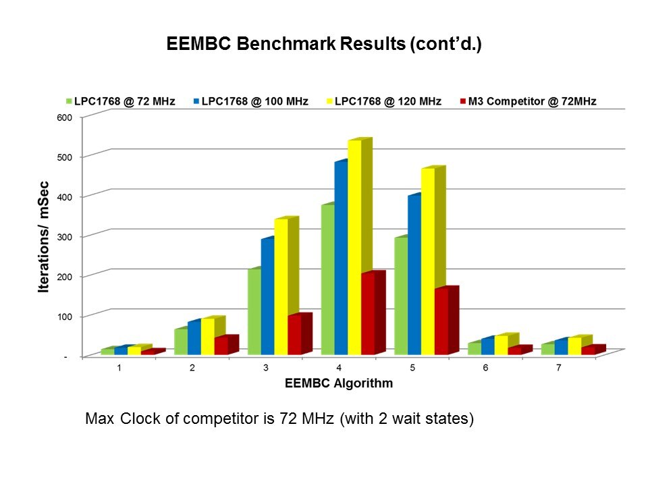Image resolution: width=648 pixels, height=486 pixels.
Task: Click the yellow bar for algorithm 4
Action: (x=354, y=246)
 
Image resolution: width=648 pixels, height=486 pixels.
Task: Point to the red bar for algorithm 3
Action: (x=294, y=335)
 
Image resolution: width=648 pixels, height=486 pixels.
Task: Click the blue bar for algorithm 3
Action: (x=267, y=297)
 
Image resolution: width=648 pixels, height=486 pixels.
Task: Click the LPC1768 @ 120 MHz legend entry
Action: (x=387, y=101)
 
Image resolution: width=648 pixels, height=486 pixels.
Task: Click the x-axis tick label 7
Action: (x=560, y=369)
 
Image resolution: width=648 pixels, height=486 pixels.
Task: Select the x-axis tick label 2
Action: (x=192, y=369)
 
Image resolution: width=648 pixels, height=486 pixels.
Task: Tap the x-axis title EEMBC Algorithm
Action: (x=339, y=383)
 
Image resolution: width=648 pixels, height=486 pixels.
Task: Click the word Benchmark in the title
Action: (x=264, y=45)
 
